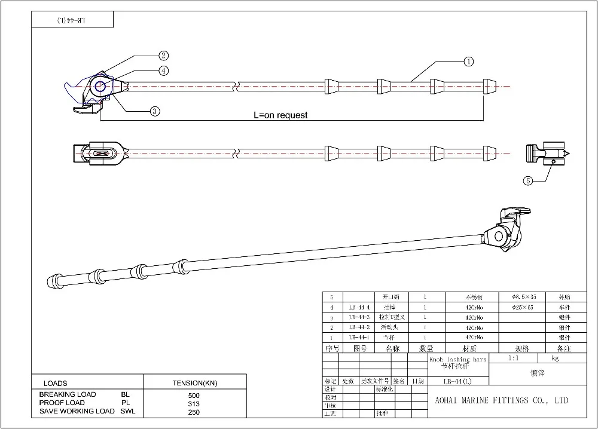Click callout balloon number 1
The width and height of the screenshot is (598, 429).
(x=468, y=61)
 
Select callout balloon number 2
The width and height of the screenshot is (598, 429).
(x=163, y=56)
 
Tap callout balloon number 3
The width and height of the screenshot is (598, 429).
(x=154, y=111)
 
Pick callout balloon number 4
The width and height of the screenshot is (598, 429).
(x=163, y=71)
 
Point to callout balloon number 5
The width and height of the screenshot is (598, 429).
(x=527, y=180)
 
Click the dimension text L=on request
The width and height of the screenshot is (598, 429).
(x=280, y=115)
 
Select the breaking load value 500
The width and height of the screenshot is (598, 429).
(x=194, y=395)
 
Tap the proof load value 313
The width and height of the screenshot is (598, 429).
(x=194, y=403)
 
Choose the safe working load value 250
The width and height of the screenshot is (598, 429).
(x=194, y=412)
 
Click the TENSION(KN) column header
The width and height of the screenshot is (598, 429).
(x=194, y=383)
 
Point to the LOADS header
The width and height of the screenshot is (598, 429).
(x=56, y=383)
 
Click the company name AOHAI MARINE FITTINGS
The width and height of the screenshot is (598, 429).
(x=501, y=400)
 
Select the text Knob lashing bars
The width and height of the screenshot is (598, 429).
(x=458, y=359)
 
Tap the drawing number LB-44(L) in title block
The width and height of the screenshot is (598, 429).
(x=458, y=381)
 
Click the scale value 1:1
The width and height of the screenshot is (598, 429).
(x=512, y=358)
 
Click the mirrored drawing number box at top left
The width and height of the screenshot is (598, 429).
(x=72, y=20)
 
